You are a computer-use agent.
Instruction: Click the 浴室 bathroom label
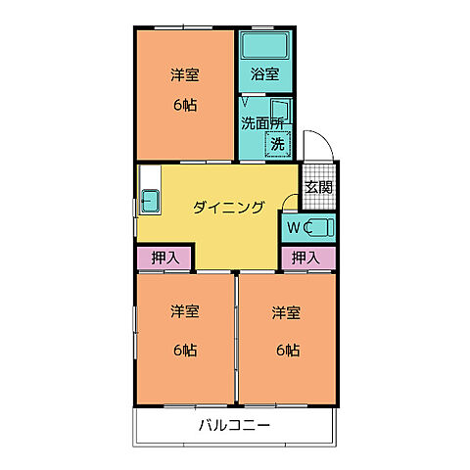point(264,74)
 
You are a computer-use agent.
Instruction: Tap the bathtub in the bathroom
point(264,46)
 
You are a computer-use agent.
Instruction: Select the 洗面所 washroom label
point(263,123)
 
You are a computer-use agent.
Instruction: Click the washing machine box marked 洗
point(278,143)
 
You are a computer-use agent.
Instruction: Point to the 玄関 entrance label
point(318,187)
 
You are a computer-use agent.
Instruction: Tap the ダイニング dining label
point(228,207)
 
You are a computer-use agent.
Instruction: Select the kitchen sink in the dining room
point(152,200)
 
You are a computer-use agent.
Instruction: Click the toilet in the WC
point(319,227)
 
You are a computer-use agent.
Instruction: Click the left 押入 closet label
point(164,258)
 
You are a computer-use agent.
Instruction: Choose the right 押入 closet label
point(305,258)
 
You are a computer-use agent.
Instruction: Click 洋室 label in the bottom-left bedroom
point(185,312)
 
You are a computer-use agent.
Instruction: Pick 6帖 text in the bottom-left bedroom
point(185,350)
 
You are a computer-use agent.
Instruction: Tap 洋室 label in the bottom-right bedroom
point(287,312)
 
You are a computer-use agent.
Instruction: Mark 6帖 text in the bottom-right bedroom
point(287,350)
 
